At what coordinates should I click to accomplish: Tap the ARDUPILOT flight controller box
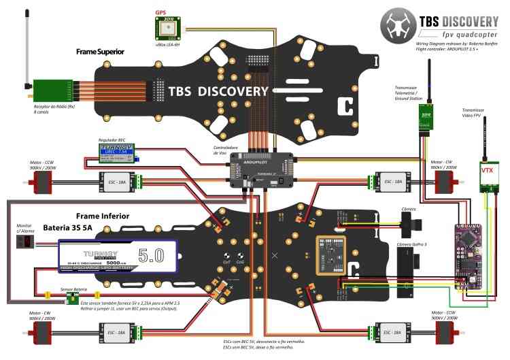264,170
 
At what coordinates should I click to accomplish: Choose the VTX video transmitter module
487,171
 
